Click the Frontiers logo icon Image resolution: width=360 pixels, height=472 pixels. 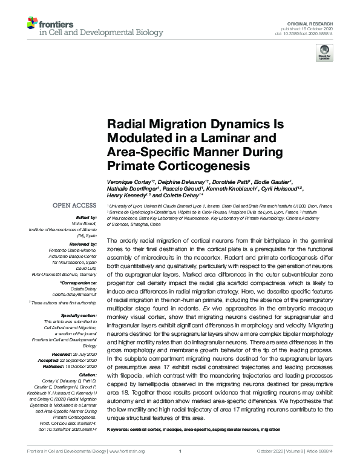click(x=33, y=25)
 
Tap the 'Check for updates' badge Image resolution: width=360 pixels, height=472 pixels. click(x=325, y=53)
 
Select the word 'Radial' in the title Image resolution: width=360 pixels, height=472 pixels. click(x=125, y=125)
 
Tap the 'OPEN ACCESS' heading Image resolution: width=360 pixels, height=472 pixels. click(x=74, y=206)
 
